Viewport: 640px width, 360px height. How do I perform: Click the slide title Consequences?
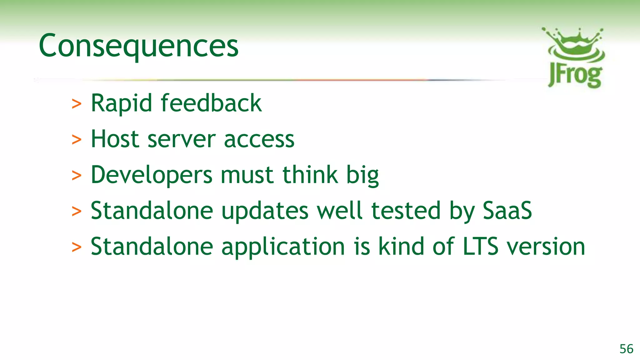click(138, 46)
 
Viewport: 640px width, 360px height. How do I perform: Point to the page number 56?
click(626, 349)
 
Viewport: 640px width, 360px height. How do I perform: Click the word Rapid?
click(121, 103)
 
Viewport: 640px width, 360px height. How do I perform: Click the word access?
click(259, 139)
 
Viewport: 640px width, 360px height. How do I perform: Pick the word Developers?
click(152, 175)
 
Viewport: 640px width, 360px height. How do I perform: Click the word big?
click(362, 175)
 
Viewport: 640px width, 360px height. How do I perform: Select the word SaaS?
click(507, 211)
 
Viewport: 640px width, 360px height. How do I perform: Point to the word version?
click(546, 247)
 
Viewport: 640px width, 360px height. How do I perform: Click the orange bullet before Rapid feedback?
click(77, 104)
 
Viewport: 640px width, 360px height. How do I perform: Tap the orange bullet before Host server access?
click(77, 140)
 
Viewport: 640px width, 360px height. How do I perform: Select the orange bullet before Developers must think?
click(77, 176)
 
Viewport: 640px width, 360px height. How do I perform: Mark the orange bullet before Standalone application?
click(77, 247)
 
